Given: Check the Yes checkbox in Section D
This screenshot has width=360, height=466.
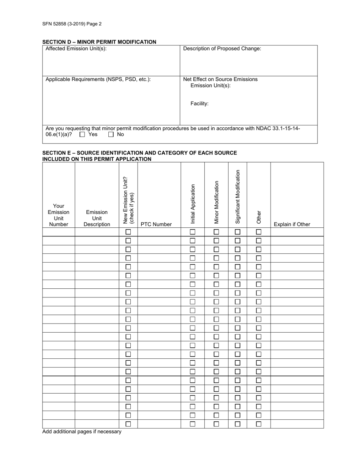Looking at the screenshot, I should click(x=82, y=134).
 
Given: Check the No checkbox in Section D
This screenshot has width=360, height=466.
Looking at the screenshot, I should click(x=111, y=134).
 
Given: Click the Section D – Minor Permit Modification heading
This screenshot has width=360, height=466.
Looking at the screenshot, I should click(x=99, y=42).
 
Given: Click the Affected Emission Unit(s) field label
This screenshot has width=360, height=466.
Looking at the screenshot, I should click(x=76, y=48).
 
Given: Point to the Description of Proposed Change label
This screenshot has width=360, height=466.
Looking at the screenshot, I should click(x=222, y=48).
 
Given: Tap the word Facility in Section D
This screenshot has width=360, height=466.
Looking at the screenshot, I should click(x=199, y=103).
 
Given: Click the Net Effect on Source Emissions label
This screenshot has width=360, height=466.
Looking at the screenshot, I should click(x=220, y=79).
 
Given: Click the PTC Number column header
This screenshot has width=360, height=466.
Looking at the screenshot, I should click(x=156, y=224).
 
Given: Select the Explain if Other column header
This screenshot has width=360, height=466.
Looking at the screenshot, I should click(x=292, y=224).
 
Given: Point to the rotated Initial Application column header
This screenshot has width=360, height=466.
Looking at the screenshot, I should click(x=193, y=203).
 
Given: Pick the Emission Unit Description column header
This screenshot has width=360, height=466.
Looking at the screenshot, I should click(x=97, y=218).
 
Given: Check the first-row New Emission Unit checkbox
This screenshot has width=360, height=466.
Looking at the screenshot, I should click(x=128, y=232).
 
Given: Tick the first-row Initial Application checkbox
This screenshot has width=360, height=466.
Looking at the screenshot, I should click(x=193, y=232).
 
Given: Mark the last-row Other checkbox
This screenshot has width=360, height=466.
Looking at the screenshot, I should click(x=259, y=424).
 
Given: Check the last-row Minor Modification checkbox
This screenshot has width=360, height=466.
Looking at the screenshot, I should click(x=216, y=424).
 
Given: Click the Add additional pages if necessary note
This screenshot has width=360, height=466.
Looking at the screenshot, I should click(x=82, y=432).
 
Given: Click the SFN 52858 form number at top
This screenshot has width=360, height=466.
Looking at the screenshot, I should click(x=72, y=23).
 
